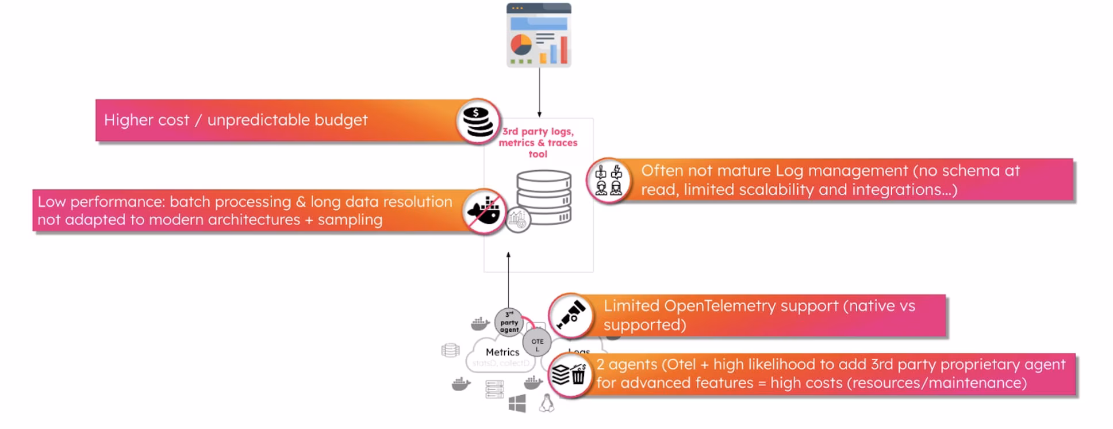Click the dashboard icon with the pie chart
point(539,36)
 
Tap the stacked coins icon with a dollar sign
point(478,121)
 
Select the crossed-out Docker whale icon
point(483,211)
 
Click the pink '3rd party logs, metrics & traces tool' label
point(538,143)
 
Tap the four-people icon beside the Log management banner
point(608,181)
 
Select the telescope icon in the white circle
point(570,315)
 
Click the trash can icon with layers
point(569,375)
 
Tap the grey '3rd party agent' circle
point(509,322)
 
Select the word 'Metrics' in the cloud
point(502,352)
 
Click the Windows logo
point(517,404)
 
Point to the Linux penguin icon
point(546,404)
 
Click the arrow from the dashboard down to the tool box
point(539,92)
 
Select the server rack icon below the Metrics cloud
point(494,389)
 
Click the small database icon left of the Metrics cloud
point(450,350)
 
